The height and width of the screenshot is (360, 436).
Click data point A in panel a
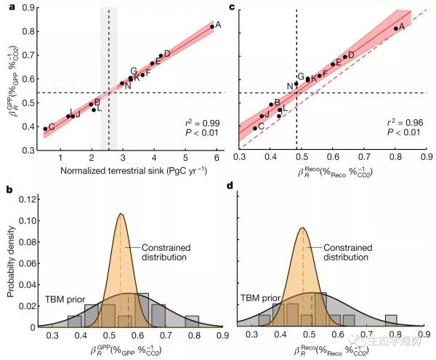pyautogui.click(x=211, y=27)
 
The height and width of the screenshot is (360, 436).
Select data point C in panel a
pyautogui.click(x=44, y=129)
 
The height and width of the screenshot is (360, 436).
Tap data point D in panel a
pyautogui.click(x=161, y=55)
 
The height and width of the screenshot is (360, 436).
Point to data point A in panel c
pyautogui.click(x=395, y=28)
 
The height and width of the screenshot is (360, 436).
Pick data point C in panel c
pyautogui.click(x=255, y=128)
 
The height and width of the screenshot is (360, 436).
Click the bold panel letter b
pyautogui.click(x=9, y=190)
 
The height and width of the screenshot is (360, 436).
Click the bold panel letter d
pyautogui.click(x=231, y=190)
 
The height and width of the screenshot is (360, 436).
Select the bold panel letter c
pyautogui.click(x=231, y=7)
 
